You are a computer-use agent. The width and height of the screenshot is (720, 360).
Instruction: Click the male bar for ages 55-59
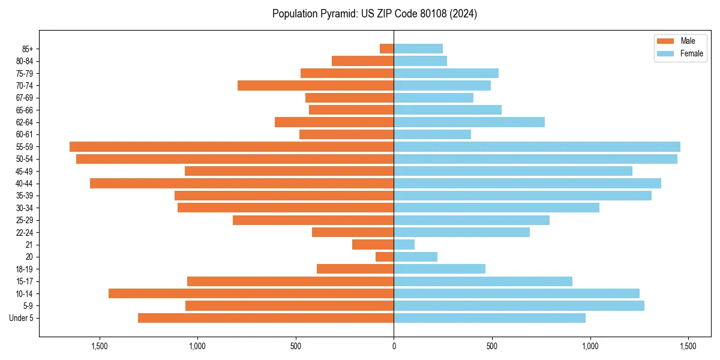(232, 146)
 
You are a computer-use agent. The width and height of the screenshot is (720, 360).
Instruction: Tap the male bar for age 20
(385, 257)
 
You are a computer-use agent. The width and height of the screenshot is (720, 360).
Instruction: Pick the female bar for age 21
(404, 244)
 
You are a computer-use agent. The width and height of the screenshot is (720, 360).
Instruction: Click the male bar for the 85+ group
(386, 49)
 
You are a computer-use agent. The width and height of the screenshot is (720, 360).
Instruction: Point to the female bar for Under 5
(490, 318)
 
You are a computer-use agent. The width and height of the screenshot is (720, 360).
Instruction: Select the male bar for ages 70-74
(316, 85)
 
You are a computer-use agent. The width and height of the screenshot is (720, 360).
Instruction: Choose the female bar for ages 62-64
(469, 122)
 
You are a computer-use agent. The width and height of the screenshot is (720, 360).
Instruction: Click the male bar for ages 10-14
(251, 293)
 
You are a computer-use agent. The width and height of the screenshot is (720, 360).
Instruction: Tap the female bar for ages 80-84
(420, 61)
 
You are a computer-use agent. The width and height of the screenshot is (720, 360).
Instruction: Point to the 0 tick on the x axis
(394, 346)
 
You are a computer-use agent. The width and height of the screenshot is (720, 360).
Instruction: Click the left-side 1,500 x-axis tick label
(99, 346)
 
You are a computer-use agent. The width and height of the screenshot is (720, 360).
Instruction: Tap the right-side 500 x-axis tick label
(492, 346)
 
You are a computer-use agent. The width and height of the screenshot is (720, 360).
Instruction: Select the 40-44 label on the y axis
(24, 184)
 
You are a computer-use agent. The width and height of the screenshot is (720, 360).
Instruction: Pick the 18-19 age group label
(24, 269)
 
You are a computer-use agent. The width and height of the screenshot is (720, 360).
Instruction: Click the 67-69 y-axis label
(24, 98)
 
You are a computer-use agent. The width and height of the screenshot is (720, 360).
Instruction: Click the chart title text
(374, 14)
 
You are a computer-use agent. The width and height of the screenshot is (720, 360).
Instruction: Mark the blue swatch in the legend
(665, 53)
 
